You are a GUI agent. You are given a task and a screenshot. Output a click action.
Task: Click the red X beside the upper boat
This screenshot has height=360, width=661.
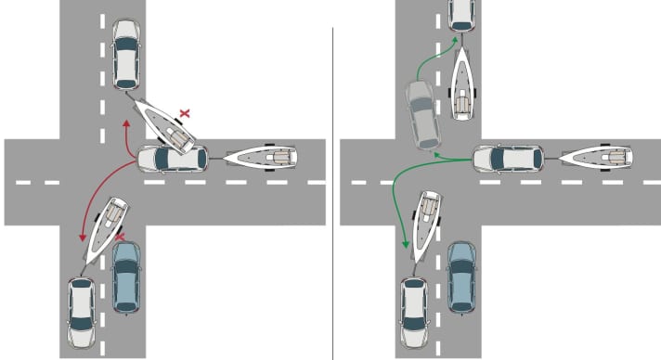pyautogui.click(x=185, y=113)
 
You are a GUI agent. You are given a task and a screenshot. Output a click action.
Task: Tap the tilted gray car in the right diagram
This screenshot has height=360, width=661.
pyautogui.click(x=421, y=114)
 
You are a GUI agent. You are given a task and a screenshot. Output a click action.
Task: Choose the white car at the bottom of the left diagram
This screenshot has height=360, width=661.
pyautogui.click(x=82, y=310)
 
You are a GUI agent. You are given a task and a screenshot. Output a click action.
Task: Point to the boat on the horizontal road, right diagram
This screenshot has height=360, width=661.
pyautogui.click(x=598, y=158)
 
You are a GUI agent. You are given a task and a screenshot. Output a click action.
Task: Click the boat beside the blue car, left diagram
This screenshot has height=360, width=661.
pyautogui.click(x=105, y=228)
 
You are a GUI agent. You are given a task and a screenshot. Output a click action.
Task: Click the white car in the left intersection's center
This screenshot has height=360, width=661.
pyautogui.click(x=173, y=159)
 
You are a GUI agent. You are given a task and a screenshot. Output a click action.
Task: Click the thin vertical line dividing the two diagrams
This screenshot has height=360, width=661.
pyautogui.click(x=332, y=186)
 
